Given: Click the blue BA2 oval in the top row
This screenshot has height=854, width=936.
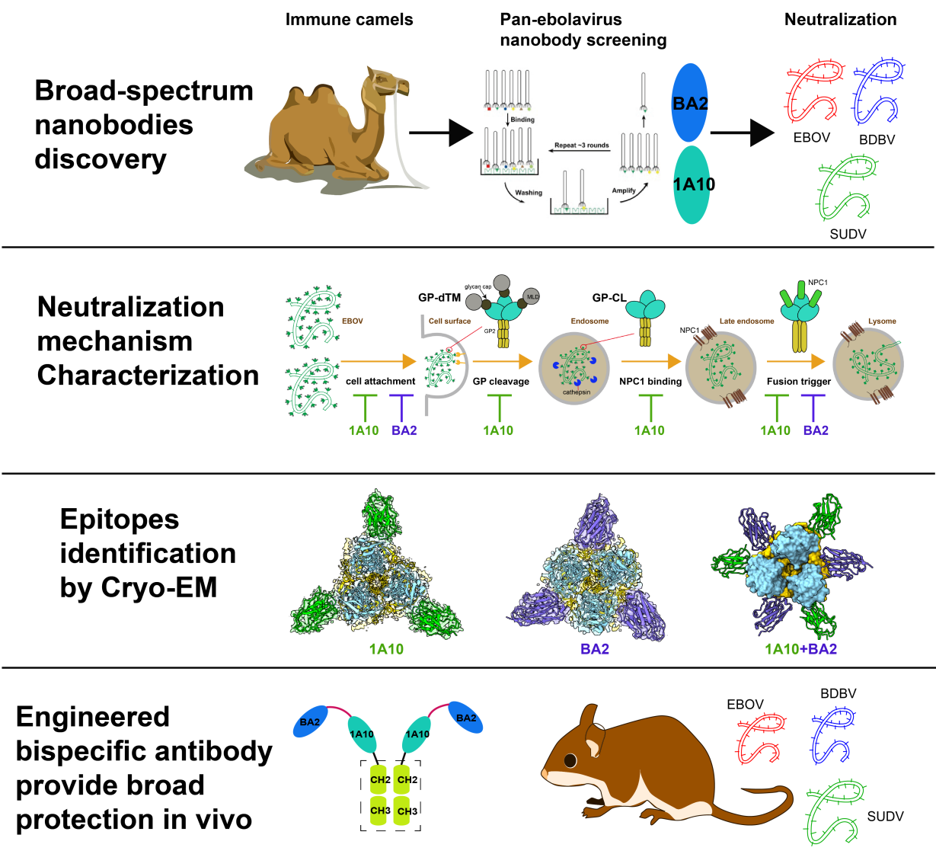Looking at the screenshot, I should pos(690,103).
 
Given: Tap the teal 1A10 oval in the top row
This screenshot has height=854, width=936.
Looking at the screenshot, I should pos(693,184).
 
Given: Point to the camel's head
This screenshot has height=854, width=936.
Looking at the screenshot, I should pos(388,82).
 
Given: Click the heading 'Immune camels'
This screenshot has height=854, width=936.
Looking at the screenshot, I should pos(349,20).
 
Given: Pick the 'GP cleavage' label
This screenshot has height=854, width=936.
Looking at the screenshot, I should pos(500,381).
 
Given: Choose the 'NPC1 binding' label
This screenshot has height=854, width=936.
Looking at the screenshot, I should pos(650,381).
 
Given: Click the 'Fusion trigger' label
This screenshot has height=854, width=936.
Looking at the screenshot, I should pos(798,381).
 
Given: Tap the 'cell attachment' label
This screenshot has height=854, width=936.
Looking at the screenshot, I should pos(380,381).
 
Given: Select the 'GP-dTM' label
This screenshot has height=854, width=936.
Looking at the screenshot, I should pos(439,297).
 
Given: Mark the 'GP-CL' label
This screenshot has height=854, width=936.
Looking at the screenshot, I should pos(609,298).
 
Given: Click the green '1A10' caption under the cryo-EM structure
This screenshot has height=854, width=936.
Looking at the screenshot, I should pos(386,649).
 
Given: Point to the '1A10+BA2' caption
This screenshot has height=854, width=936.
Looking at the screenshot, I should pos(800,649).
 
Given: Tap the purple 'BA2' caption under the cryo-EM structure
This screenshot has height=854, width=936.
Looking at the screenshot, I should pos(594,649).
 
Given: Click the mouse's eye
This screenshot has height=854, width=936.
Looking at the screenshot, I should pos(570,760).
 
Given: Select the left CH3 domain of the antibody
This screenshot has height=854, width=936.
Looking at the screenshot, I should pos(380,811).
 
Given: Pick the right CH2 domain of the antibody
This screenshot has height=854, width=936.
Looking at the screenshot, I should pos(407,780).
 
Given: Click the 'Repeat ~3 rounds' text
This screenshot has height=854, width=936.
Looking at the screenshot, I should pos(581,145).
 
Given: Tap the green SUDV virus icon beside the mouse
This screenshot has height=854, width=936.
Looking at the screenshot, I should pos(835,811).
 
